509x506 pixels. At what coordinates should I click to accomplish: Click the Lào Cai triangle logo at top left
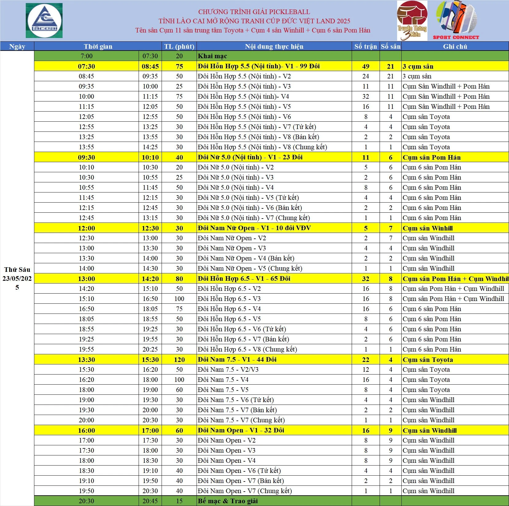[44, 21]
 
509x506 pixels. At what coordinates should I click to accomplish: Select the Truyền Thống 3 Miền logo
[412, 21]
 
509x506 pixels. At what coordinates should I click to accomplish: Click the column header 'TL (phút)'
[179, 47]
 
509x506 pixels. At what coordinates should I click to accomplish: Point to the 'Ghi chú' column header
[455, 47]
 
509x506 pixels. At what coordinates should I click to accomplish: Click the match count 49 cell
[365, 66]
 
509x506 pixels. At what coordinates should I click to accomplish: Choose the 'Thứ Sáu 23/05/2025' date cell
[17, 278]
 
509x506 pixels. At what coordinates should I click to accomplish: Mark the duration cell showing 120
[179, 360]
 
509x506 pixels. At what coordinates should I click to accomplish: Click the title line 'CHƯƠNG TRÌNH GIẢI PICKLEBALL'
[254, 12]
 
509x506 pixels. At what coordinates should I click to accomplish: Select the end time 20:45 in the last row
[150, 501]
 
